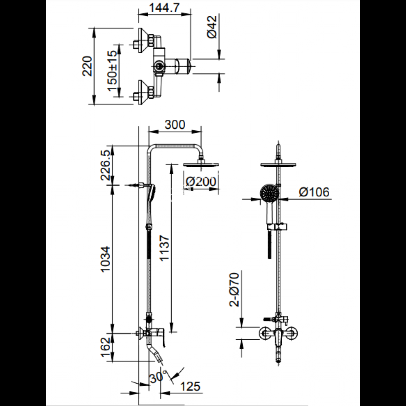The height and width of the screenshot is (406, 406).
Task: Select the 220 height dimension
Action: tap(87, 66)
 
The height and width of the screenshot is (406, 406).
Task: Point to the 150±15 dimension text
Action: tap(112, 68)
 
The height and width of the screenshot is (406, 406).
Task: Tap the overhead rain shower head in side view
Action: tap(202, 164)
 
